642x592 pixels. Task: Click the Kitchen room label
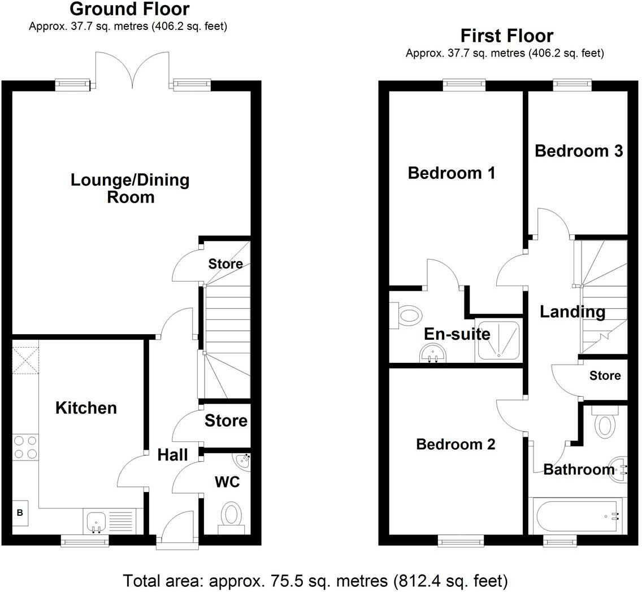pos(86,408)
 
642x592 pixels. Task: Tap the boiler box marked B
pos(20,513)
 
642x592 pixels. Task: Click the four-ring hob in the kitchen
pos(25,447)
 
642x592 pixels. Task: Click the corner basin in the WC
pos(242,463)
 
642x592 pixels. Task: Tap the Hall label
pos(172,455)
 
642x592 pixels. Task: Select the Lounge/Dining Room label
pos(130,188)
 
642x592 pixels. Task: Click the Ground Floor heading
pos(129,10)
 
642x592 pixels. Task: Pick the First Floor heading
pos(506,36)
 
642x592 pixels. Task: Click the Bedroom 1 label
pos(452,173)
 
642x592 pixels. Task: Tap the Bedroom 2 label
pos(456,444)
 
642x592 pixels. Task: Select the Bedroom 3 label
pos(579,151)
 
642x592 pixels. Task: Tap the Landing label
pos(572,312)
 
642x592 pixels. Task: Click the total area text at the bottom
pos(315,580)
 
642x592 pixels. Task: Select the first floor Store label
pos(605,376)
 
